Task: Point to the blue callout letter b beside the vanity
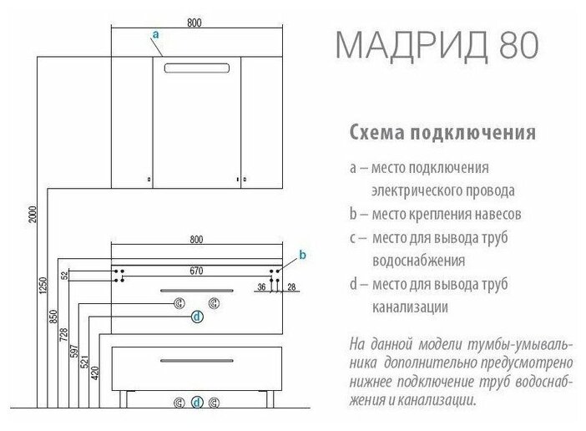[x=303, y=254]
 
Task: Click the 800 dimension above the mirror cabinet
[x=194, y=22]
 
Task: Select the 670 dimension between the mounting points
[x=197, y=270]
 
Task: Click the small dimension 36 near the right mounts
[x=260, y=287]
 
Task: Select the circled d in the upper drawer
[x=197, y=316]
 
